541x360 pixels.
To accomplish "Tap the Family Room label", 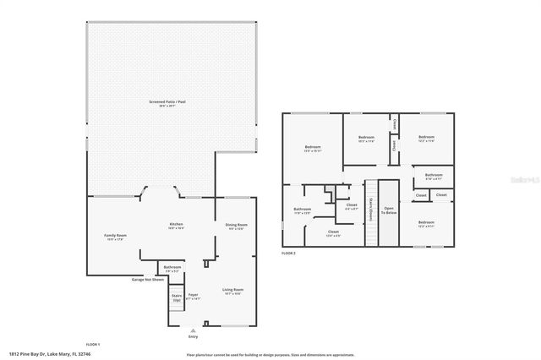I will point(115,237).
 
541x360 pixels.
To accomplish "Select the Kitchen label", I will point(175,226).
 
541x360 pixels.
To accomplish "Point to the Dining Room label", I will point(236,226).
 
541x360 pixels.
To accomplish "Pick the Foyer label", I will point(192,297).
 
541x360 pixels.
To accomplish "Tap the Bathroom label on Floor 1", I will point(172,269).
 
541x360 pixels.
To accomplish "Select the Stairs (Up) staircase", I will point(177,298).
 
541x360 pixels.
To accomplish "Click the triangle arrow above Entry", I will point(193,330).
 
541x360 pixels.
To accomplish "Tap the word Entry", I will point(193,337).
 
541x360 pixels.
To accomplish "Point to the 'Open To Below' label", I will point(389,211).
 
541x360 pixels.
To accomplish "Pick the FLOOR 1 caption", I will point(92,344).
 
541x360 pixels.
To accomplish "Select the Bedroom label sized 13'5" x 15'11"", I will point(314,149).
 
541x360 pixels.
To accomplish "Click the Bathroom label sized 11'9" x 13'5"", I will point(303,211).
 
